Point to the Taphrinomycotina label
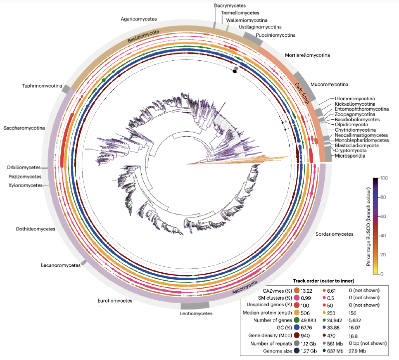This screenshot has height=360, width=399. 37,86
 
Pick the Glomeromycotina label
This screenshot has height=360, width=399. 355,99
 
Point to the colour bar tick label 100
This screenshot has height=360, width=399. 384,178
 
